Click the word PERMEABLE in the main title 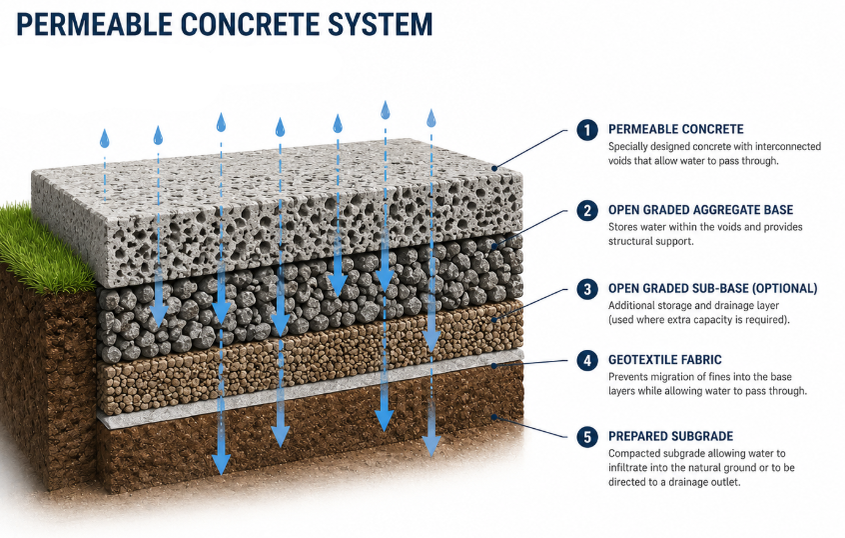click(94, 24)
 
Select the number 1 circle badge click(587, 130)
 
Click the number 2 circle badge click(587, 210)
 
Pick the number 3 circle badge click(587, 289)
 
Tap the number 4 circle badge click(587, 360)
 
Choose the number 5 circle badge click(587, 437)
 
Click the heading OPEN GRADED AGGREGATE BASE click(700, 210)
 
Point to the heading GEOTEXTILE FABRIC click(664, 360)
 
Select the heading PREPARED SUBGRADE click(670, 436)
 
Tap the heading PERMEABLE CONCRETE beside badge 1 click(676, 130)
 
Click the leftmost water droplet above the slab click(105, 139)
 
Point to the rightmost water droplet click(431, 118)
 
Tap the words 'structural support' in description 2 click(650, 242)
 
